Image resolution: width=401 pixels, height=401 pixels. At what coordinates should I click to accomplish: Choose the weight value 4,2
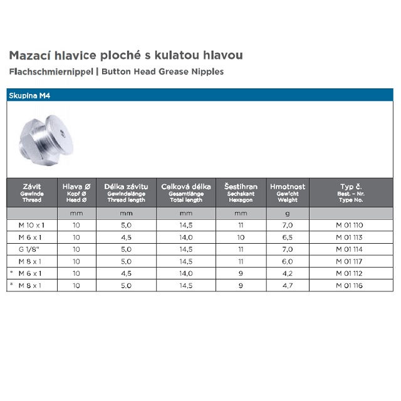click(x=288, y=274)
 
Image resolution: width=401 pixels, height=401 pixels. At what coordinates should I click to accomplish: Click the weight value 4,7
click(x=288, y=286)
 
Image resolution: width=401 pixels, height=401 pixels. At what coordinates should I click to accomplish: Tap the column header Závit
click(x=32, y=187)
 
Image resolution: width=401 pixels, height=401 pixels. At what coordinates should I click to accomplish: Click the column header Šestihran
click(x=240, y=187)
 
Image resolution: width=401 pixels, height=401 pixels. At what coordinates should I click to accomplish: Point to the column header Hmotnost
click(x=288, y=187)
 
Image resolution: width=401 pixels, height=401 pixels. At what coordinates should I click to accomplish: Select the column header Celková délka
click(x=186, y=187)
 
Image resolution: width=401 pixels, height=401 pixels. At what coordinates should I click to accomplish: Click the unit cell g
click(x=288, y=213)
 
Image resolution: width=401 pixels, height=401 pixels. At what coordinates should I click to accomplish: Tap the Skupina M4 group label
click(x=28, y=96)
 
